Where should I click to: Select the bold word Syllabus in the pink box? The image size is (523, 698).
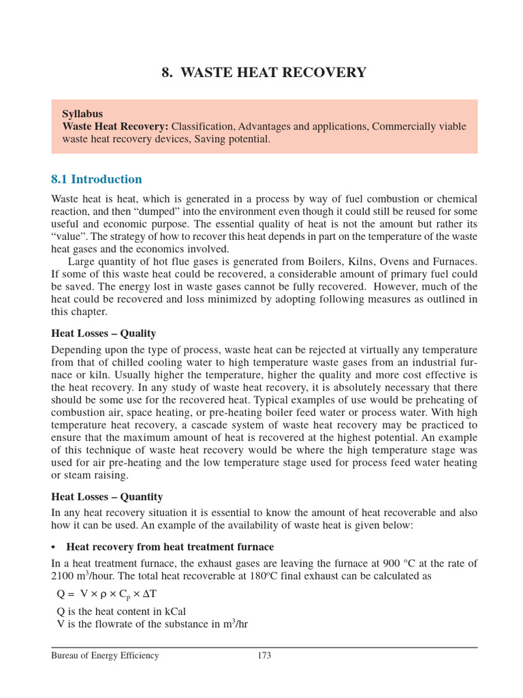pos(82,114)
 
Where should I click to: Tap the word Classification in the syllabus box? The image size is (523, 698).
pos(202,126)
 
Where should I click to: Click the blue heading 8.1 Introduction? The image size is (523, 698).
pos(97,179)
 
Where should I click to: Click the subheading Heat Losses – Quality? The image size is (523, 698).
pos(104,333)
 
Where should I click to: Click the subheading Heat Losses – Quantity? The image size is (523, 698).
pos(107,497)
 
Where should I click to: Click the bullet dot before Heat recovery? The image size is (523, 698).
pos(54,547)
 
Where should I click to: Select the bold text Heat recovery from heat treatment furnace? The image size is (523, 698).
pos(170,547)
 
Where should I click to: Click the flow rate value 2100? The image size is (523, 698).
pos(63,576)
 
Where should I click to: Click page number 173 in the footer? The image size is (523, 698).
pos(264,656)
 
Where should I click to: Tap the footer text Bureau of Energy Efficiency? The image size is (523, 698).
pos(105,656)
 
